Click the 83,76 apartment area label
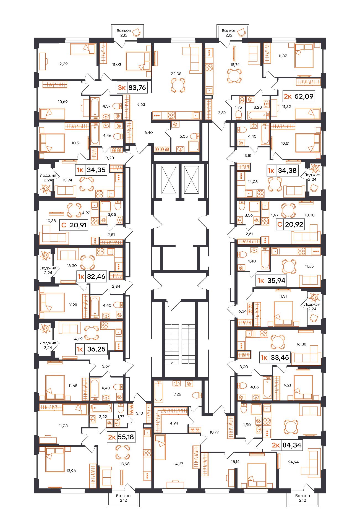(131, 88)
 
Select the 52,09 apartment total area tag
(299, 97)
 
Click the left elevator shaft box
(169, 180)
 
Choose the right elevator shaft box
(191, 180)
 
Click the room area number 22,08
(176, 74)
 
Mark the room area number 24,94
(293, 462)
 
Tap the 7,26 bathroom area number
(177, 394)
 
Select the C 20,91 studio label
(74, 225)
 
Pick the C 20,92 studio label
(291, 224)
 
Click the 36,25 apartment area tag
(91, 349)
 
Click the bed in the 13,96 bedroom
(55, 460)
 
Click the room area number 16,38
(301, 344)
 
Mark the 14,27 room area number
(178, 464)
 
